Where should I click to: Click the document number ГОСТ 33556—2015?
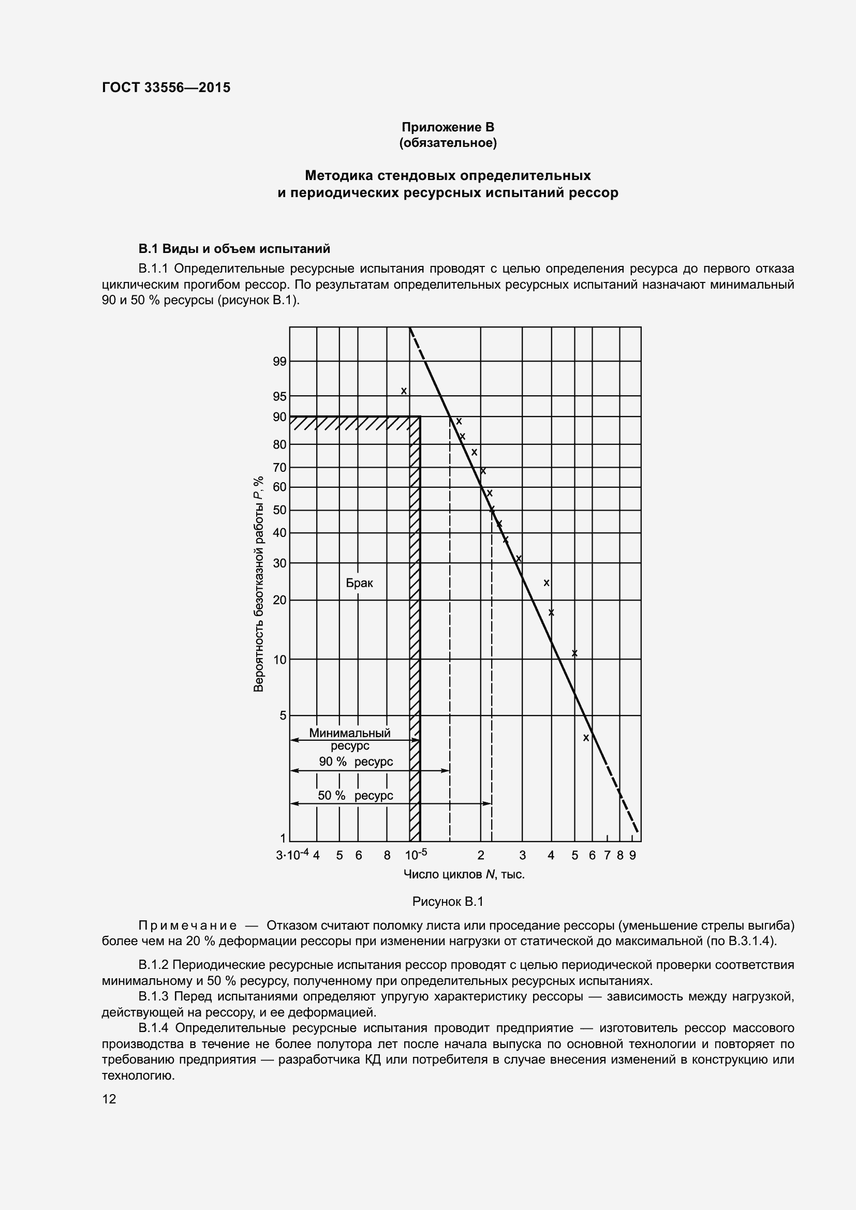166,87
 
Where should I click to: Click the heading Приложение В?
448,127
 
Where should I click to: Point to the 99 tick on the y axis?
279,362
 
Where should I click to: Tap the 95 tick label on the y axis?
279,396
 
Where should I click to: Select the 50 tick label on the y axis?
279,510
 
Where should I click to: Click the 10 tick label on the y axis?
279,660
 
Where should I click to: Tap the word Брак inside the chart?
359,583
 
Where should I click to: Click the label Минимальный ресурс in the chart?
350,739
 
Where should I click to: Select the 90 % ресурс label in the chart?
356,762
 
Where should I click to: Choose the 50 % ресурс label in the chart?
355,796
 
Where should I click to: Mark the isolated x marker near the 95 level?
404,391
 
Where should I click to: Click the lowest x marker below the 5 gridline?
586,738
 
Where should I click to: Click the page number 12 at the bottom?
109,1099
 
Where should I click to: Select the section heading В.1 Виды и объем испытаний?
234,249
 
